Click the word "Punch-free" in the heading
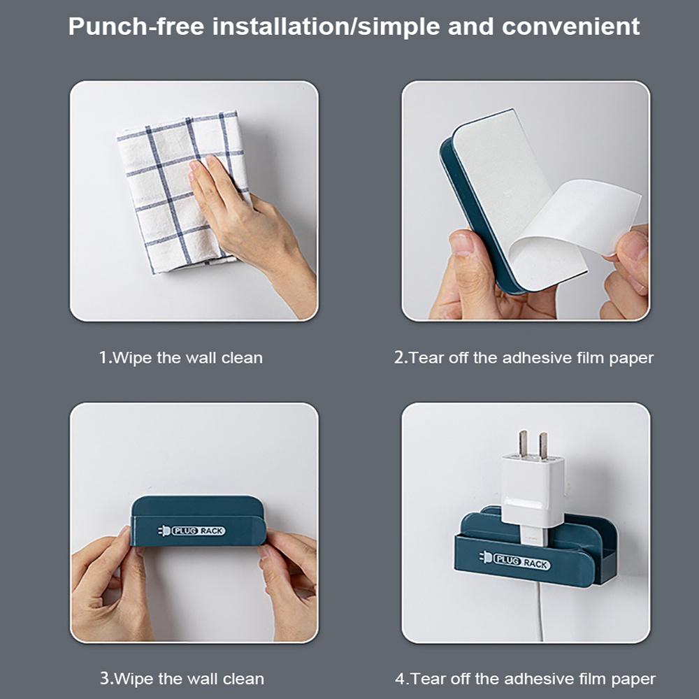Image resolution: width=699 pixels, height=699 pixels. click(x=136, y=27)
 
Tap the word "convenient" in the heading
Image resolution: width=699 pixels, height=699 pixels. click(x=570, y=27)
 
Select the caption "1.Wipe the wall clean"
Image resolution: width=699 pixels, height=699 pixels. click(x=180, y=357)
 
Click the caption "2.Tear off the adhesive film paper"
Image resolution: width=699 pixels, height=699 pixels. click(x=524, y=357)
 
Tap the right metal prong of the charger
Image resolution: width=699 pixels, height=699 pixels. click(x=543, y=446)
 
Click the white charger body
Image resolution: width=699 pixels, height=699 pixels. click(x=531, y=495)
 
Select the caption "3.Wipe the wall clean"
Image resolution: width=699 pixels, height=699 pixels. click(x=182, y=679)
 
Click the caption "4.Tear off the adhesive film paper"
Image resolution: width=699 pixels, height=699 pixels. click(x=525, y=679)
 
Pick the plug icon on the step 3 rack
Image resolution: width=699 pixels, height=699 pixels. click(x=164, y=531)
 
